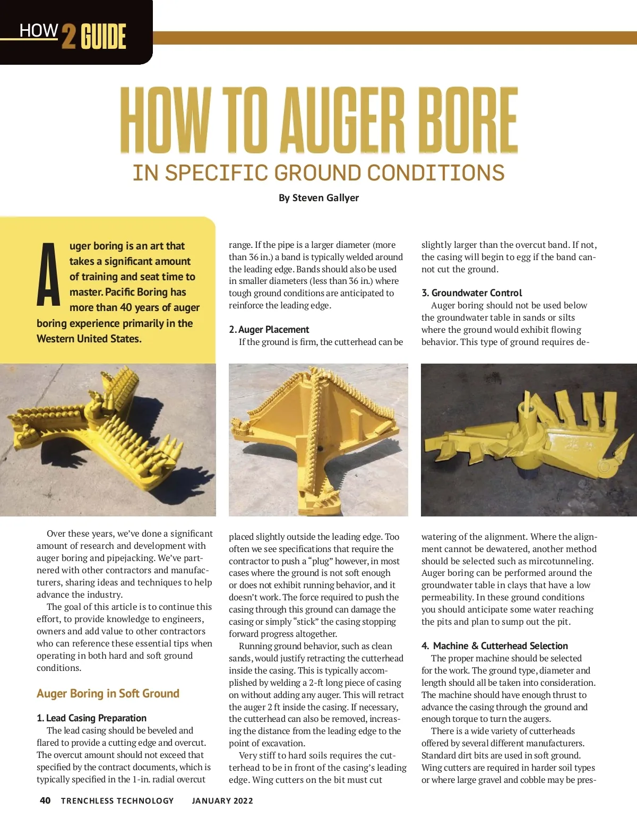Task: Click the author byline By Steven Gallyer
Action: (318, 198)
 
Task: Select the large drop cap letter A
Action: (49, 275)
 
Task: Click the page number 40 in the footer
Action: (45, 800)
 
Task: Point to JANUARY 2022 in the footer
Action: (222, 801)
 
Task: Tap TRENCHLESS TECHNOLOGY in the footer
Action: (117, 801)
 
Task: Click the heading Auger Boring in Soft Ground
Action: (108, 694)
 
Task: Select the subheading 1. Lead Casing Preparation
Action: (91, 718)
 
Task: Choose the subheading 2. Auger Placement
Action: (269, 330)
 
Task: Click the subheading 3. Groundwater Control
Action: (471, 293)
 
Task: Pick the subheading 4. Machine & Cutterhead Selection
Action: (495, 646)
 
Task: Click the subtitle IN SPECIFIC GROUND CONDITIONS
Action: (318, 173)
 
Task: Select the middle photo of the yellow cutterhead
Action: (318, 439)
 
